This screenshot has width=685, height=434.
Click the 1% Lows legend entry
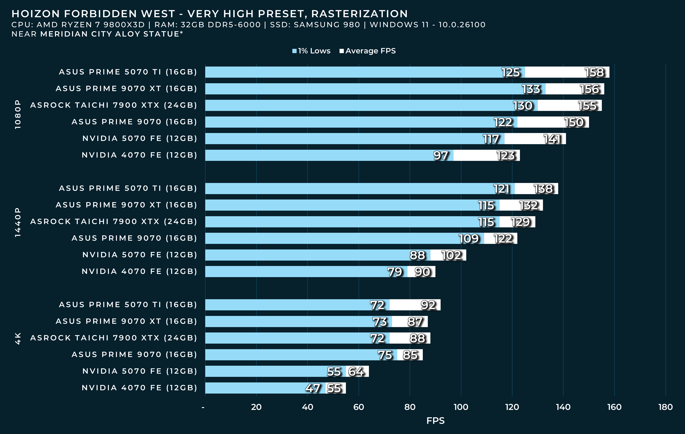pos(311,51)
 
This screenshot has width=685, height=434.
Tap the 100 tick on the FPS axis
pos(461,407)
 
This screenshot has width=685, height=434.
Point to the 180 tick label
pos(665,407)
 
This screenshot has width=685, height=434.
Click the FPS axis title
pos(435,421)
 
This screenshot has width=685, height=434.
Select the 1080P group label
pos(18,114)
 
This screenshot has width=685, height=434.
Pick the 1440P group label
pos(18,222)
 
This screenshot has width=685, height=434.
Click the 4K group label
pos(18,338)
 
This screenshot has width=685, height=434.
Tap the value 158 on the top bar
pos(594,73)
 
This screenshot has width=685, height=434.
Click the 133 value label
pos(531,89)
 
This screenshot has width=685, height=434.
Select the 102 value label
pos(451,255)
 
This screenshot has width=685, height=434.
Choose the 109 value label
pos(469,239)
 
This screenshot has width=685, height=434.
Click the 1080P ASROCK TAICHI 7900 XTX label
pos(114,105)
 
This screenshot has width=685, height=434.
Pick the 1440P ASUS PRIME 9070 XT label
pos(126,205)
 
